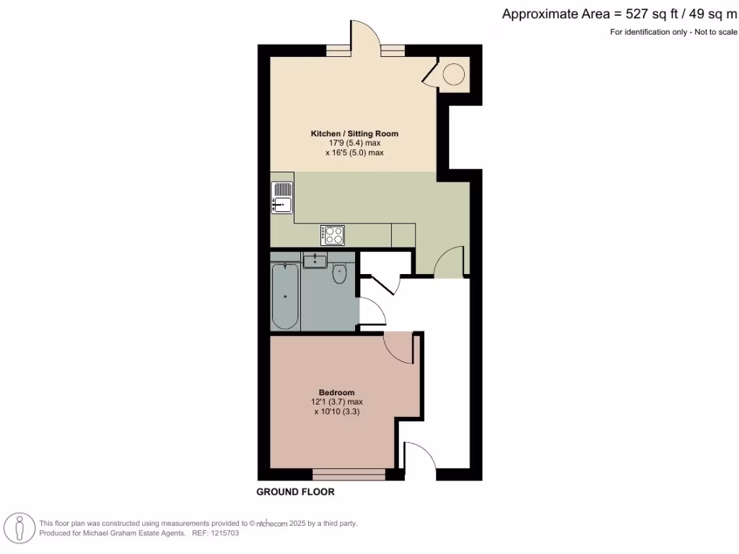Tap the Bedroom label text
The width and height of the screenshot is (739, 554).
point(338,392)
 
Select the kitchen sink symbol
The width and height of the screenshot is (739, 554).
point(282,196)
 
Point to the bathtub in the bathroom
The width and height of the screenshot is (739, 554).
point(285,296)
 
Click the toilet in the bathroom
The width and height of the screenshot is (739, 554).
point(340,273)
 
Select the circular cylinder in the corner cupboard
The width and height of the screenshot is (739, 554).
point(454,74)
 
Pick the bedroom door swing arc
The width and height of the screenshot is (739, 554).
point(398,348)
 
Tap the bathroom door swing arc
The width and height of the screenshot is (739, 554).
point(373,310)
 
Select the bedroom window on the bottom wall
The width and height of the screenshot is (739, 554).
point(349,474)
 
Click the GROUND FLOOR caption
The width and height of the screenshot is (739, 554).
point(296,492)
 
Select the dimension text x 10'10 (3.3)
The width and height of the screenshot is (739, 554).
point(337,412)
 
